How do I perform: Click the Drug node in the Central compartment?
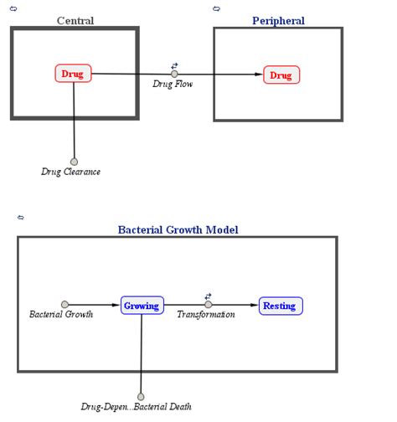(x=74, y=74)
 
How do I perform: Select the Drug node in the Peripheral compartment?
(x=281, y=75)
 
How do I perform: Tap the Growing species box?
(x=142, y=306)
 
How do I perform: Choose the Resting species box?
(x=280, y=306)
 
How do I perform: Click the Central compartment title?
(x=75, y=20)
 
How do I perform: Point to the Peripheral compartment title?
(x=278, y=20)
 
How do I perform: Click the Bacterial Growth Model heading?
(x=178, y=229)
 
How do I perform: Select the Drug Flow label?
(x=173, y=84)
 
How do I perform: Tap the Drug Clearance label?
(x=71, y=172)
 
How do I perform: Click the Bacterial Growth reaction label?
(x=61, y=315)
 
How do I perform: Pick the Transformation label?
(x=206, y=315)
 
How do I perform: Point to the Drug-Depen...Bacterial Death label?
(x=137, y=407)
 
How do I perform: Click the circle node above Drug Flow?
(x=174, y=74)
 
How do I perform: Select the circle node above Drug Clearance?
(x=74, y=162)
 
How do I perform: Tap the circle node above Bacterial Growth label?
(x=64, y=305)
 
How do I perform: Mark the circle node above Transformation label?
(x=209, y=305)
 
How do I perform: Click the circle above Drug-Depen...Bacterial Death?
(x=141, y=397)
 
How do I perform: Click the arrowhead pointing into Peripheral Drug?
(x=259, y=75)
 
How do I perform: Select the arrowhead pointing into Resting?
(x=255, y=306)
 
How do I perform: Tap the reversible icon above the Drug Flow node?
(x=174, y=64)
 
